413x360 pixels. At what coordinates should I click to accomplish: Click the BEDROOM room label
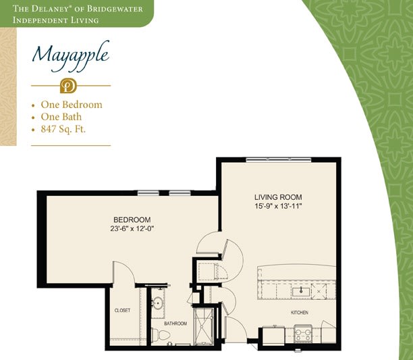click(132, 220)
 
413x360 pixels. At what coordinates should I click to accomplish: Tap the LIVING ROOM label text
click(278, 197)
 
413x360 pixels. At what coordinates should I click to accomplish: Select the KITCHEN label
click(300, 313)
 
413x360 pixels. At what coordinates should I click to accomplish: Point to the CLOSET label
click(122, 311)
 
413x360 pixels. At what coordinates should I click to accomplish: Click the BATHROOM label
click(175, 324)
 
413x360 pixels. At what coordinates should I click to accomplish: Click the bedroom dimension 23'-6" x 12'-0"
click(132, 228)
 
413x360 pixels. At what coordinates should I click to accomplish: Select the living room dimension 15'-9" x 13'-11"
click(278, 206)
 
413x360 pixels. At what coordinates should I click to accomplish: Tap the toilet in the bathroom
click(161, 335)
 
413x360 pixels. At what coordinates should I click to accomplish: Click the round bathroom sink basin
click(159, 303)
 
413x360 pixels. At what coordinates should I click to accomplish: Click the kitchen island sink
click(301, 292)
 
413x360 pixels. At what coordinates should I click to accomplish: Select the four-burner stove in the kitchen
click(303, 334)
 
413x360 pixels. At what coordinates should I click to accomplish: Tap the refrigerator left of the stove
click(274, 335)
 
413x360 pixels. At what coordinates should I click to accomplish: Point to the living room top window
click(279, 159)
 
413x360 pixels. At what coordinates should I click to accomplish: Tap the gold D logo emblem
click(68, 86)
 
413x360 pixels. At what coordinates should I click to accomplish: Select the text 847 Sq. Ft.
click(63, 129)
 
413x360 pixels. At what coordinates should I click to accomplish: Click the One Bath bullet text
click(61, 117)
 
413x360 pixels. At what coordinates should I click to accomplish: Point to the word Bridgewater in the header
click(115, 9)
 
